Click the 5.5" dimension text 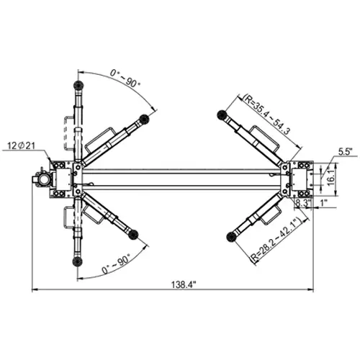coord(345,153)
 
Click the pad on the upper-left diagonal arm coord(146,119)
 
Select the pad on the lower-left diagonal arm coord(133,233)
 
